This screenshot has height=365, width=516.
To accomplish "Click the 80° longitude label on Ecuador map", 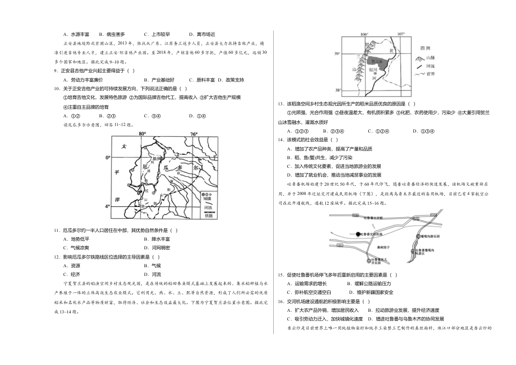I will point(143,133).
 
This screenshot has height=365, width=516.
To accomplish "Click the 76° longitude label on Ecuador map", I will point(194,133).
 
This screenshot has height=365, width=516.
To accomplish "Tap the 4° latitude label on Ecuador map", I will point(108,206).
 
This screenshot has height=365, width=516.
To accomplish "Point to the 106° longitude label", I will point(364,33).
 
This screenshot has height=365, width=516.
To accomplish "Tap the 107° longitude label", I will point(402,33).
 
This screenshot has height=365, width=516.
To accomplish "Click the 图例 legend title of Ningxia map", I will point(426,48).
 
